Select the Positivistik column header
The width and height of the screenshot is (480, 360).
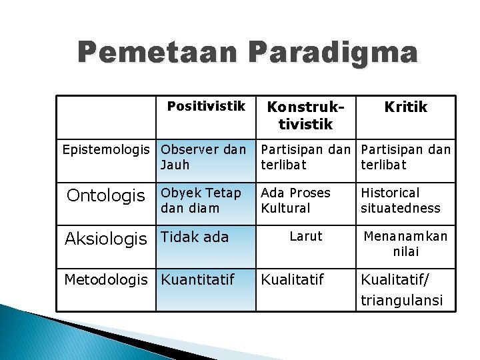coord(206,107)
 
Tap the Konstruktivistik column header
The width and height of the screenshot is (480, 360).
coord(306,115)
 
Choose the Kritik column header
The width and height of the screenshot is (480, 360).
coord(405,107)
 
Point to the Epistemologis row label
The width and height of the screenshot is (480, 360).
coord(108,149)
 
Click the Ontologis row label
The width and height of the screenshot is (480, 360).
coord(106,195)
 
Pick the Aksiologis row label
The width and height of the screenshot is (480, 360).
coord(106,239)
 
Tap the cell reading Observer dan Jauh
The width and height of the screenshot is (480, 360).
coord(203,157)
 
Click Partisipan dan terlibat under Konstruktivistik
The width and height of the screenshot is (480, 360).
coord(306,157)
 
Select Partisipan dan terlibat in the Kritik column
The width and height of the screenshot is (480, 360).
coord(405,157)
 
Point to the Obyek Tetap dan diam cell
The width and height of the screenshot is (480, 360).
coord(201,200)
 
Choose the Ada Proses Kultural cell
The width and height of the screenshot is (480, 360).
coord(295,200)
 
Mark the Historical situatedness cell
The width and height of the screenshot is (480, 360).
coord(400,200)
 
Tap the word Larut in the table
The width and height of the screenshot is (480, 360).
coord(306,236)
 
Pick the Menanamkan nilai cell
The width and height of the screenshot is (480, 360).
coord(405,243)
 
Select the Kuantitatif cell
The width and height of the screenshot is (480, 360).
coord(198,279)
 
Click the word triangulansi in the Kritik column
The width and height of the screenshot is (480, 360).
coord(401,301)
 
